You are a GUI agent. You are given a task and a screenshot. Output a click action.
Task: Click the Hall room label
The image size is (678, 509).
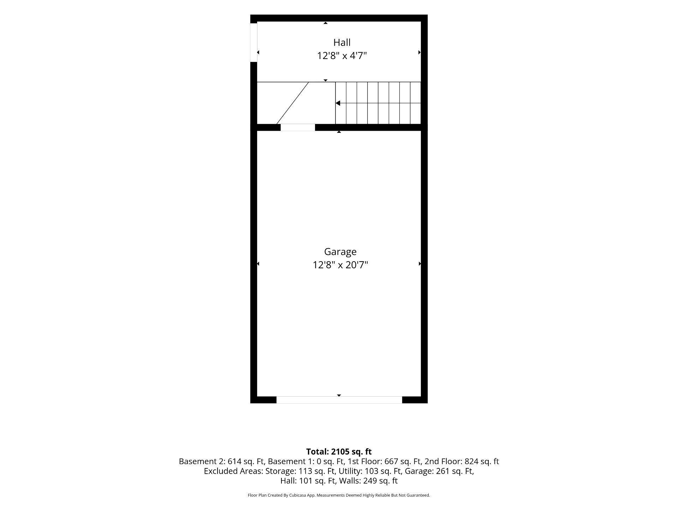coord(342,42)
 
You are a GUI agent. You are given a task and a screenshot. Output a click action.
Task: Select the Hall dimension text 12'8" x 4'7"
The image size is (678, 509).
coord(342,56)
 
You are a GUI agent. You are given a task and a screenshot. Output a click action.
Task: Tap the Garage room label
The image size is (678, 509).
coord(340,252)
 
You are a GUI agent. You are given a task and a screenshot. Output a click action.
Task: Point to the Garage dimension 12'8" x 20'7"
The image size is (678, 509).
coord(340,265)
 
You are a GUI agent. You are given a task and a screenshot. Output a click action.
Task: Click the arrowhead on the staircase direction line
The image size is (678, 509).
coord(338,103)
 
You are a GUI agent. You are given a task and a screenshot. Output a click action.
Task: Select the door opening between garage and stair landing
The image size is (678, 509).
coord(298,127)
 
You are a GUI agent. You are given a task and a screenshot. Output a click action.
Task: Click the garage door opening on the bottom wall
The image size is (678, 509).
coord(339,400)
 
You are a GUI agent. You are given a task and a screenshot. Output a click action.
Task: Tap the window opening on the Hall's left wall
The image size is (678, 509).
coord(254,42)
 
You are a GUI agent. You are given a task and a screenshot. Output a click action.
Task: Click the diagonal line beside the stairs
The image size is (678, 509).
coord(293,103)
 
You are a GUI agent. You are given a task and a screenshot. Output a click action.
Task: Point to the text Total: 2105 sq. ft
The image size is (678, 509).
coord(339,452)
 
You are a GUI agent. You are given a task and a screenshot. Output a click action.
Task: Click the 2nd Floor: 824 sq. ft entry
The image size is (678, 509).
coord(462,461)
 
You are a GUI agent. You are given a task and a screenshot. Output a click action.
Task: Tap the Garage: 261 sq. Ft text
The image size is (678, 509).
coord(439,471)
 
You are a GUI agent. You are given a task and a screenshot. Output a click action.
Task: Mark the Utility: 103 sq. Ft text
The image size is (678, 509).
coord(370,471)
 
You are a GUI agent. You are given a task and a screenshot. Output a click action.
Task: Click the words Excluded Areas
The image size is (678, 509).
coord(233,471)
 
